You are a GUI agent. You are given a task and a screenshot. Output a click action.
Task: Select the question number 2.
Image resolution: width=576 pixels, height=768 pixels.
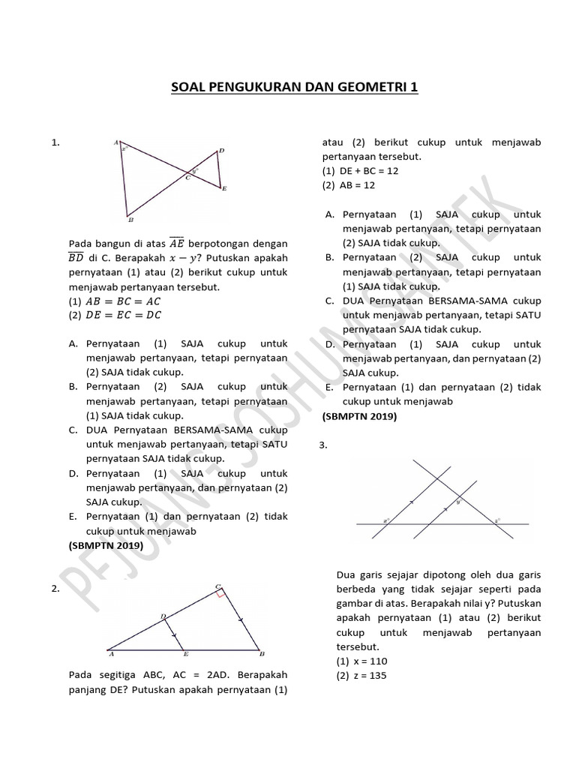55,589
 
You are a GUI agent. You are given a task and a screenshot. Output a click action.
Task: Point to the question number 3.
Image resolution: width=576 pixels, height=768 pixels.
323,445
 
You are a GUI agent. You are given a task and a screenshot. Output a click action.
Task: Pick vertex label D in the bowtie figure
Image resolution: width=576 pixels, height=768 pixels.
220,151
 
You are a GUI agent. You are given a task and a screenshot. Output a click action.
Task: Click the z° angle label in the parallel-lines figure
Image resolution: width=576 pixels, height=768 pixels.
496,519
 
